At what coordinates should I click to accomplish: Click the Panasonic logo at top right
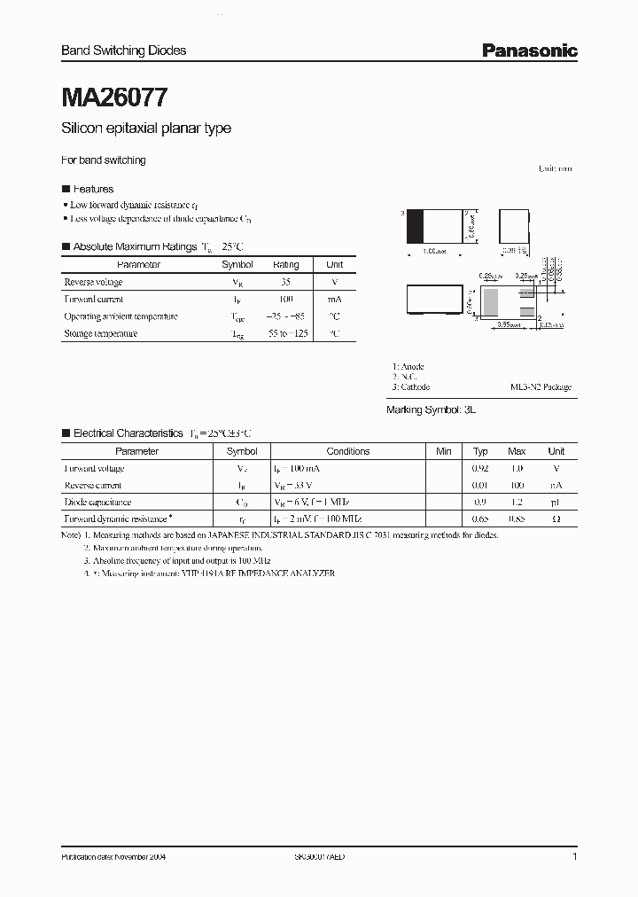(529, 51)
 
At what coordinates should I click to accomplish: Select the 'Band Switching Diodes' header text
(123, 51)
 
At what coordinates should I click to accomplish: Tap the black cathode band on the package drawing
(415, 226)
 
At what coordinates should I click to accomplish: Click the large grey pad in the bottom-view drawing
(489, 303)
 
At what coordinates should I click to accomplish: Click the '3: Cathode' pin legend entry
(411, 387)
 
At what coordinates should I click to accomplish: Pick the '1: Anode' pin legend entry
(408, 366)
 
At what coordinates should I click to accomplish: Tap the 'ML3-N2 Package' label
(541, 387)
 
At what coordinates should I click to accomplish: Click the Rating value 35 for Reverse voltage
(285, 282)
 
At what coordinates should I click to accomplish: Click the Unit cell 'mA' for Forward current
(334, 299)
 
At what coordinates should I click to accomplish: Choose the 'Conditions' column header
(347, 451)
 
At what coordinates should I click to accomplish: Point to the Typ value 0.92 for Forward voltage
(480, 468)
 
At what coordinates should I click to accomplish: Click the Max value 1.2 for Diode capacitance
(517, 502)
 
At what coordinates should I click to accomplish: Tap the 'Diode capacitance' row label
(97, 502)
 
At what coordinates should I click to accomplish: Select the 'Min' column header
(444, 451)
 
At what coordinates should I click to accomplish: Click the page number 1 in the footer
(574, 858)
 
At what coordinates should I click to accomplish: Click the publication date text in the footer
(113, 858)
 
